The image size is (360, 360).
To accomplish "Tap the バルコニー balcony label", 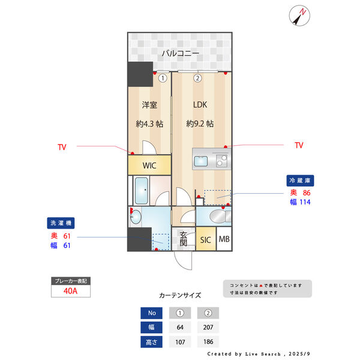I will click(x=180, y=53).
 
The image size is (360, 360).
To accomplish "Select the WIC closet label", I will click(x=150, y=165).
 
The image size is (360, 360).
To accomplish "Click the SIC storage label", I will click(x=206, y=240).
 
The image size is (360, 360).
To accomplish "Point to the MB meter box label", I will click(x=224, y=240).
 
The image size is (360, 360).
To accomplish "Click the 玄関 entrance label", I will click(x=183, y=239).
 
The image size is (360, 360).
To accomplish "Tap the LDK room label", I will click(x=200, y=105).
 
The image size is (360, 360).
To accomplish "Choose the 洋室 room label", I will click(x=149, y=105).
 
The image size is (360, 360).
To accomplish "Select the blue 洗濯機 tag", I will click(x=60, y=223).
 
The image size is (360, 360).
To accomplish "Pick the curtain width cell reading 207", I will click(x=208, y=328).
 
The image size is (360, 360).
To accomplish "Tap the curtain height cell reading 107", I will click(x=180, y=342).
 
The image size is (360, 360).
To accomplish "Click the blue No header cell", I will click(x=151, y=313).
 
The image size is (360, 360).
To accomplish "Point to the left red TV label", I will click(x=62, y=146).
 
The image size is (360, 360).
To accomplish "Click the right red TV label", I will click(x=299, y=145).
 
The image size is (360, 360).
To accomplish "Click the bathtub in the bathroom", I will click(x=143, y=191).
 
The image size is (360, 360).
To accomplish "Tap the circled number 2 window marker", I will click(x=197, y=77).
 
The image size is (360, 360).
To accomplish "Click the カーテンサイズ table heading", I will click(x=180, y=296).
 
